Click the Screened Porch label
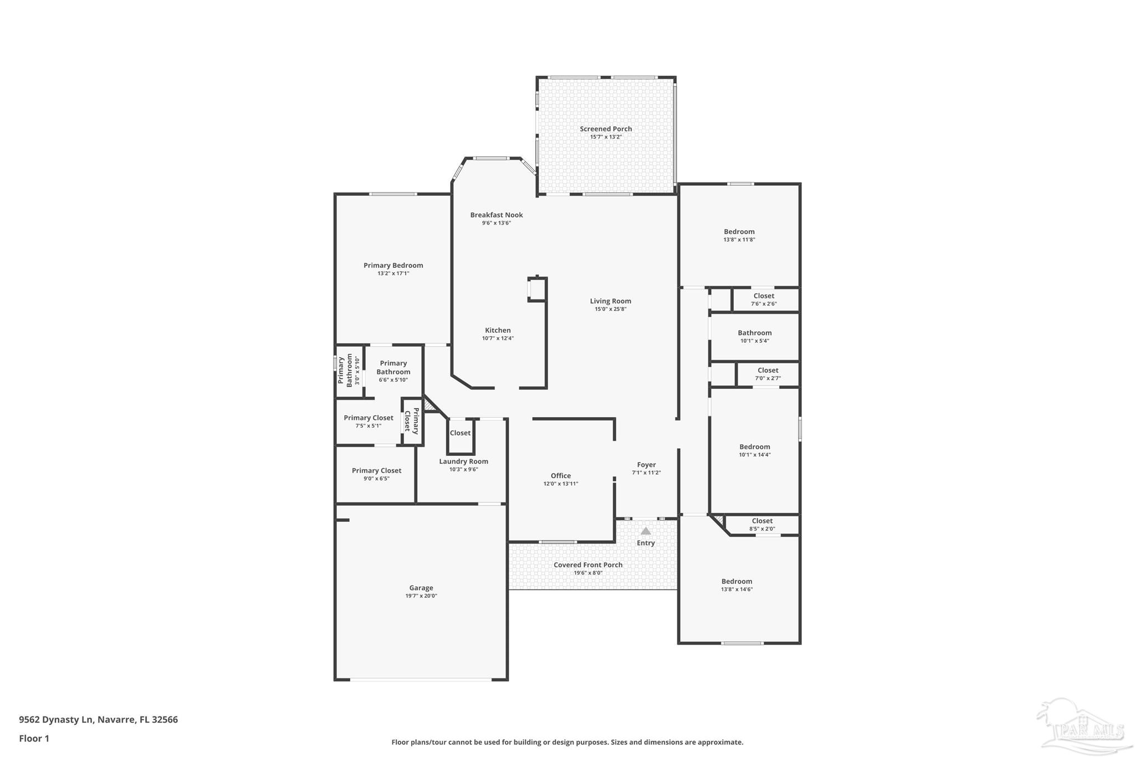tap(606, 129)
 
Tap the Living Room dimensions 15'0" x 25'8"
tap(610, 309)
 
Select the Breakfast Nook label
tap(496, 215)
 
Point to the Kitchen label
tap(498, 330)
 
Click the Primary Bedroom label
tap(393, 265)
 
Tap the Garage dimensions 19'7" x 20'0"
tap(421, 596)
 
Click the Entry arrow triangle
tap(646, 531)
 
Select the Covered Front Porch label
tap(587, 565)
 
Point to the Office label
tap(560, 475)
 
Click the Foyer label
tap(646, 465)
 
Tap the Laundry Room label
tap(463, 461)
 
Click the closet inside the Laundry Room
tap(460, 433)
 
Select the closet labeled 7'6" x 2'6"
tap(764, 299)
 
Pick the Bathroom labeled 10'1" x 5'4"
tap(754, 336)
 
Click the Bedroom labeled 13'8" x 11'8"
tap(739, 235)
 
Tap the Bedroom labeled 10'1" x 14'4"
tap(754, 450)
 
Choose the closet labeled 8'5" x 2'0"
tap(762, 524)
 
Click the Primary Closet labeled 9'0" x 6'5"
tap(376, 474)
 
